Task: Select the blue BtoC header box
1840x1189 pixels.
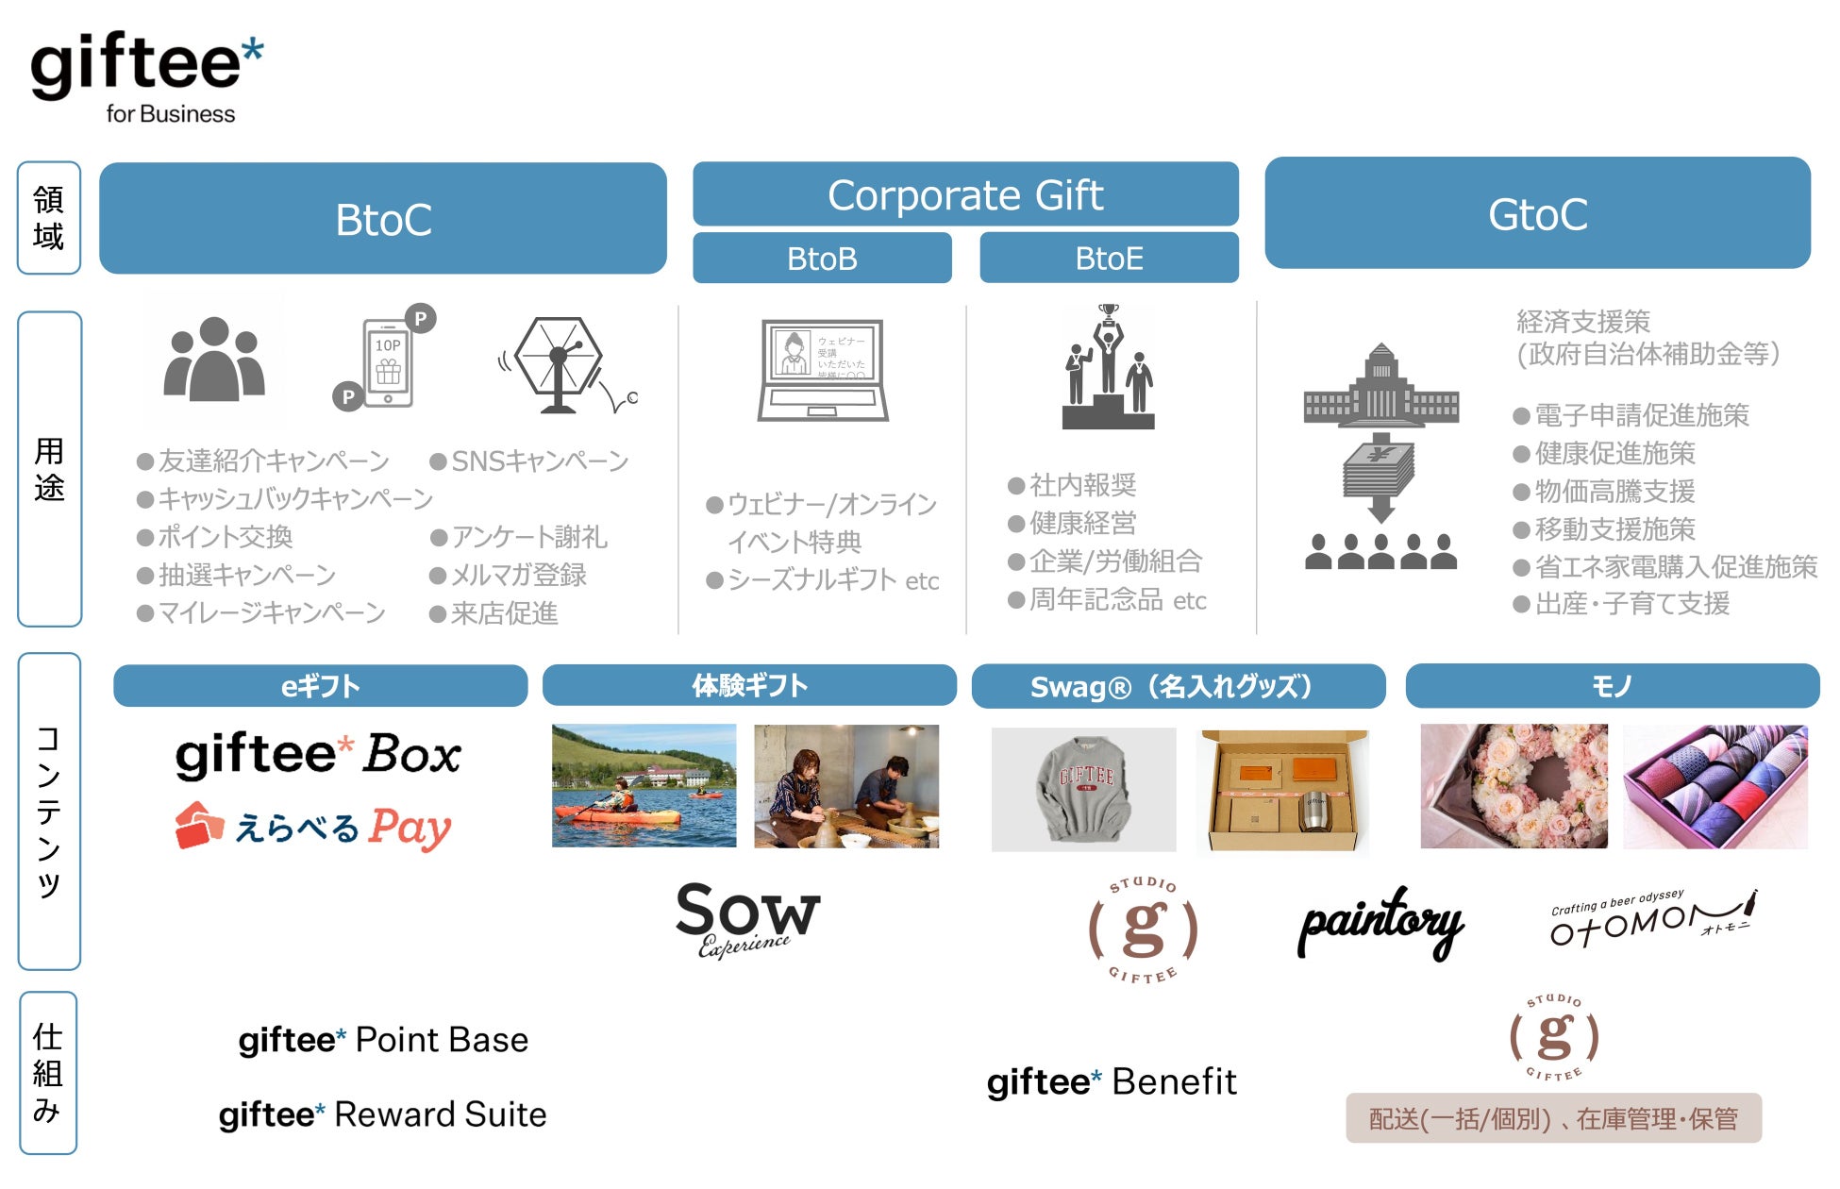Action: pos(383,219)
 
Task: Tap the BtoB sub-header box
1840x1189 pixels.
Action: pos(822,258)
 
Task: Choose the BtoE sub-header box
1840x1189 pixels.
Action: pos(1109,258)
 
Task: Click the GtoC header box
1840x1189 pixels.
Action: pos(1537,214)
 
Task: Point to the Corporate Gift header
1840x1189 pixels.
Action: pos(965,194)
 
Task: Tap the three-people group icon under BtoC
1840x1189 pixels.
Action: pos(214,360)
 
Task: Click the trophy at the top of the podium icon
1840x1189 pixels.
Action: pos(1109,312)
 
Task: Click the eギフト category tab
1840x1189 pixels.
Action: pos(320,686)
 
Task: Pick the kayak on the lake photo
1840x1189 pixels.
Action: pos(644,785)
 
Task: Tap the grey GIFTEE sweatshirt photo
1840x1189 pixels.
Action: pos(1083,789)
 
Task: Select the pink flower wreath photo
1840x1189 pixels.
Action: pos(1514,786)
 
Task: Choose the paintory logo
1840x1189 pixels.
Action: pos(1380,923)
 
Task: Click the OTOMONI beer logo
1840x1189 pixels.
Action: pos(1651,918)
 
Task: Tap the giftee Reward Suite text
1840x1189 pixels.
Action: pos(382,1114)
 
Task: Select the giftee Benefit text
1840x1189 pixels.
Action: pos(1111,1081)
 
